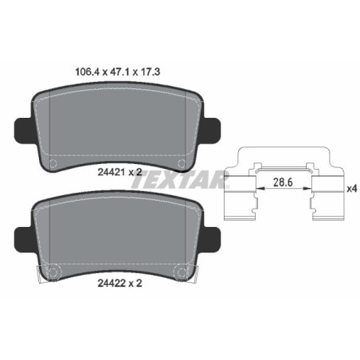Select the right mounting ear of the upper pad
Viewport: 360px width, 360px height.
[x=213, y=128]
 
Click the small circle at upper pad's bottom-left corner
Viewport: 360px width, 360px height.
[x=53, y=165]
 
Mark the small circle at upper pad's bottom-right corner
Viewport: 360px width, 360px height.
[x=184, y=165]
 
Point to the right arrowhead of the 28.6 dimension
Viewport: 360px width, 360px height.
[x=308, y=190]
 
